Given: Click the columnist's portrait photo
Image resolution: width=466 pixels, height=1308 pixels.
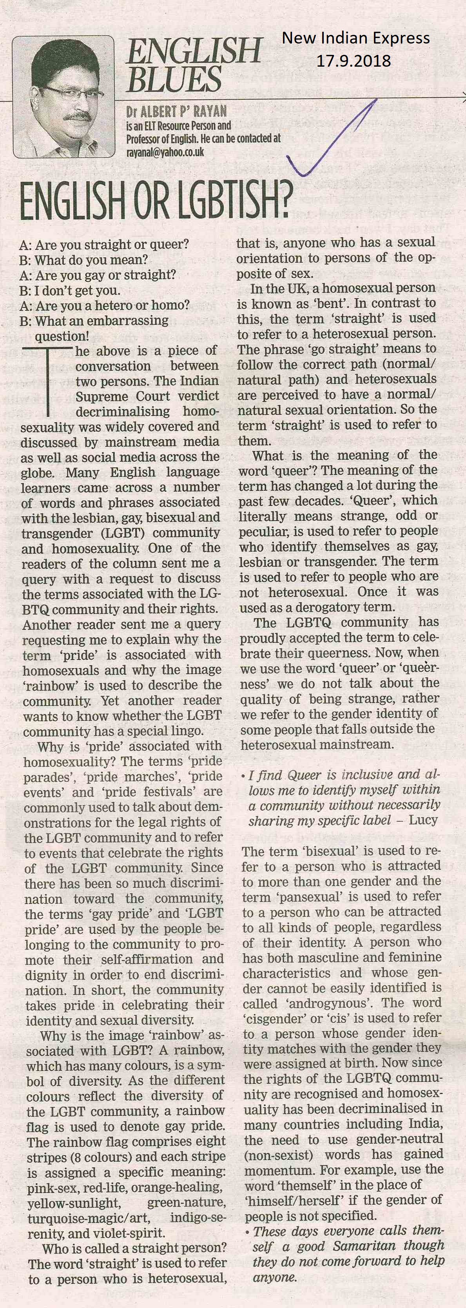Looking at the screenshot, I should point(63,96).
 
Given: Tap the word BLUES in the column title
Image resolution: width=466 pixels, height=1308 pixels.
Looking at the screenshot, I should point(174,80).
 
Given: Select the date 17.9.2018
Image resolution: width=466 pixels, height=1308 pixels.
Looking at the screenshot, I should point(354,61).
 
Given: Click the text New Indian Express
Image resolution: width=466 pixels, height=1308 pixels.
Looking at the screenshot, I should point(355,38).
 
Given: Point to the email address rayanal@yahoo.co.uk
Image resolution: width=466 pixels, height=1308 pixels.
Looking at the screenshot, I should point(165,152).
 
